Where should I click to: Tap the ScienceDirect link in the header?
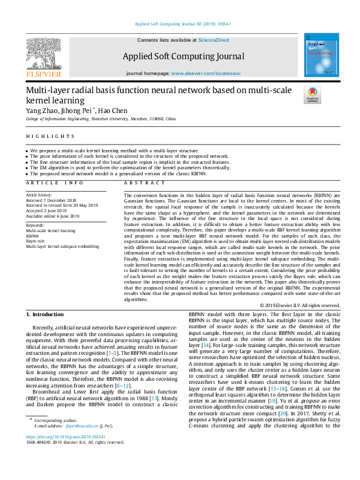214,39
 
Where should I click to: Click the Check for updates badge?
313,95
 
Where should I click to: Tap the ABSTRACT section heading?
141,183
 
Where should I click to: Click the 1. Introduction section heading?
47,315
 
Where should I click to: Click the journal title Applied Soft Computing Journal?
183,56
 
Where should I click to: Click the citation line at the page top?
180,24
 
